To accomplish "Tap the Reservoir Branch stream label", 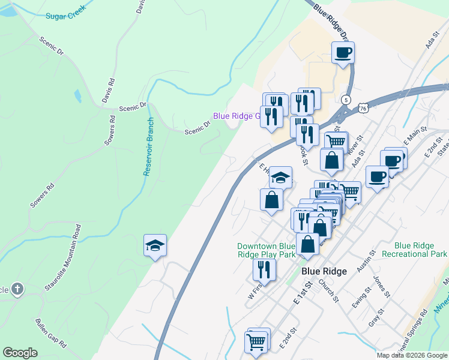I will pos(149,146).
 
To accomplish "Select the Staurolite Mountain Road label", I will pos(62,258).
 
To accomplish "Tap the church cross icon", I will pos(17,289).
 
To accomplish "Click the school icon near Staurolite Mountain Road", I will pos(155,245).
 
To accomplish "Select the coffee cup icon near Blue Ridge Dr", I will pos(343,52).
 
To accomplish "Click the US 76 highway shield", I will pos(362,107).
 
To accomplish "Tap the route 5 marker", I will pos(346,99).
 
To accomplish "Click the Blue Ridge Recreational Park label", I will pos(422,250).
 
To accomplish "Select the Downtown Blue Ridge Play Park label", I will pos(266,250).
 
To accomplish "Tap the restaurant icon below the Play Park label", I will pos(264,269).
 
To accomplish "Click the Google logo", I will pos(20,353).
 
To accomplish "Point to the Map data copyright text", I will pos(412,355).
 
